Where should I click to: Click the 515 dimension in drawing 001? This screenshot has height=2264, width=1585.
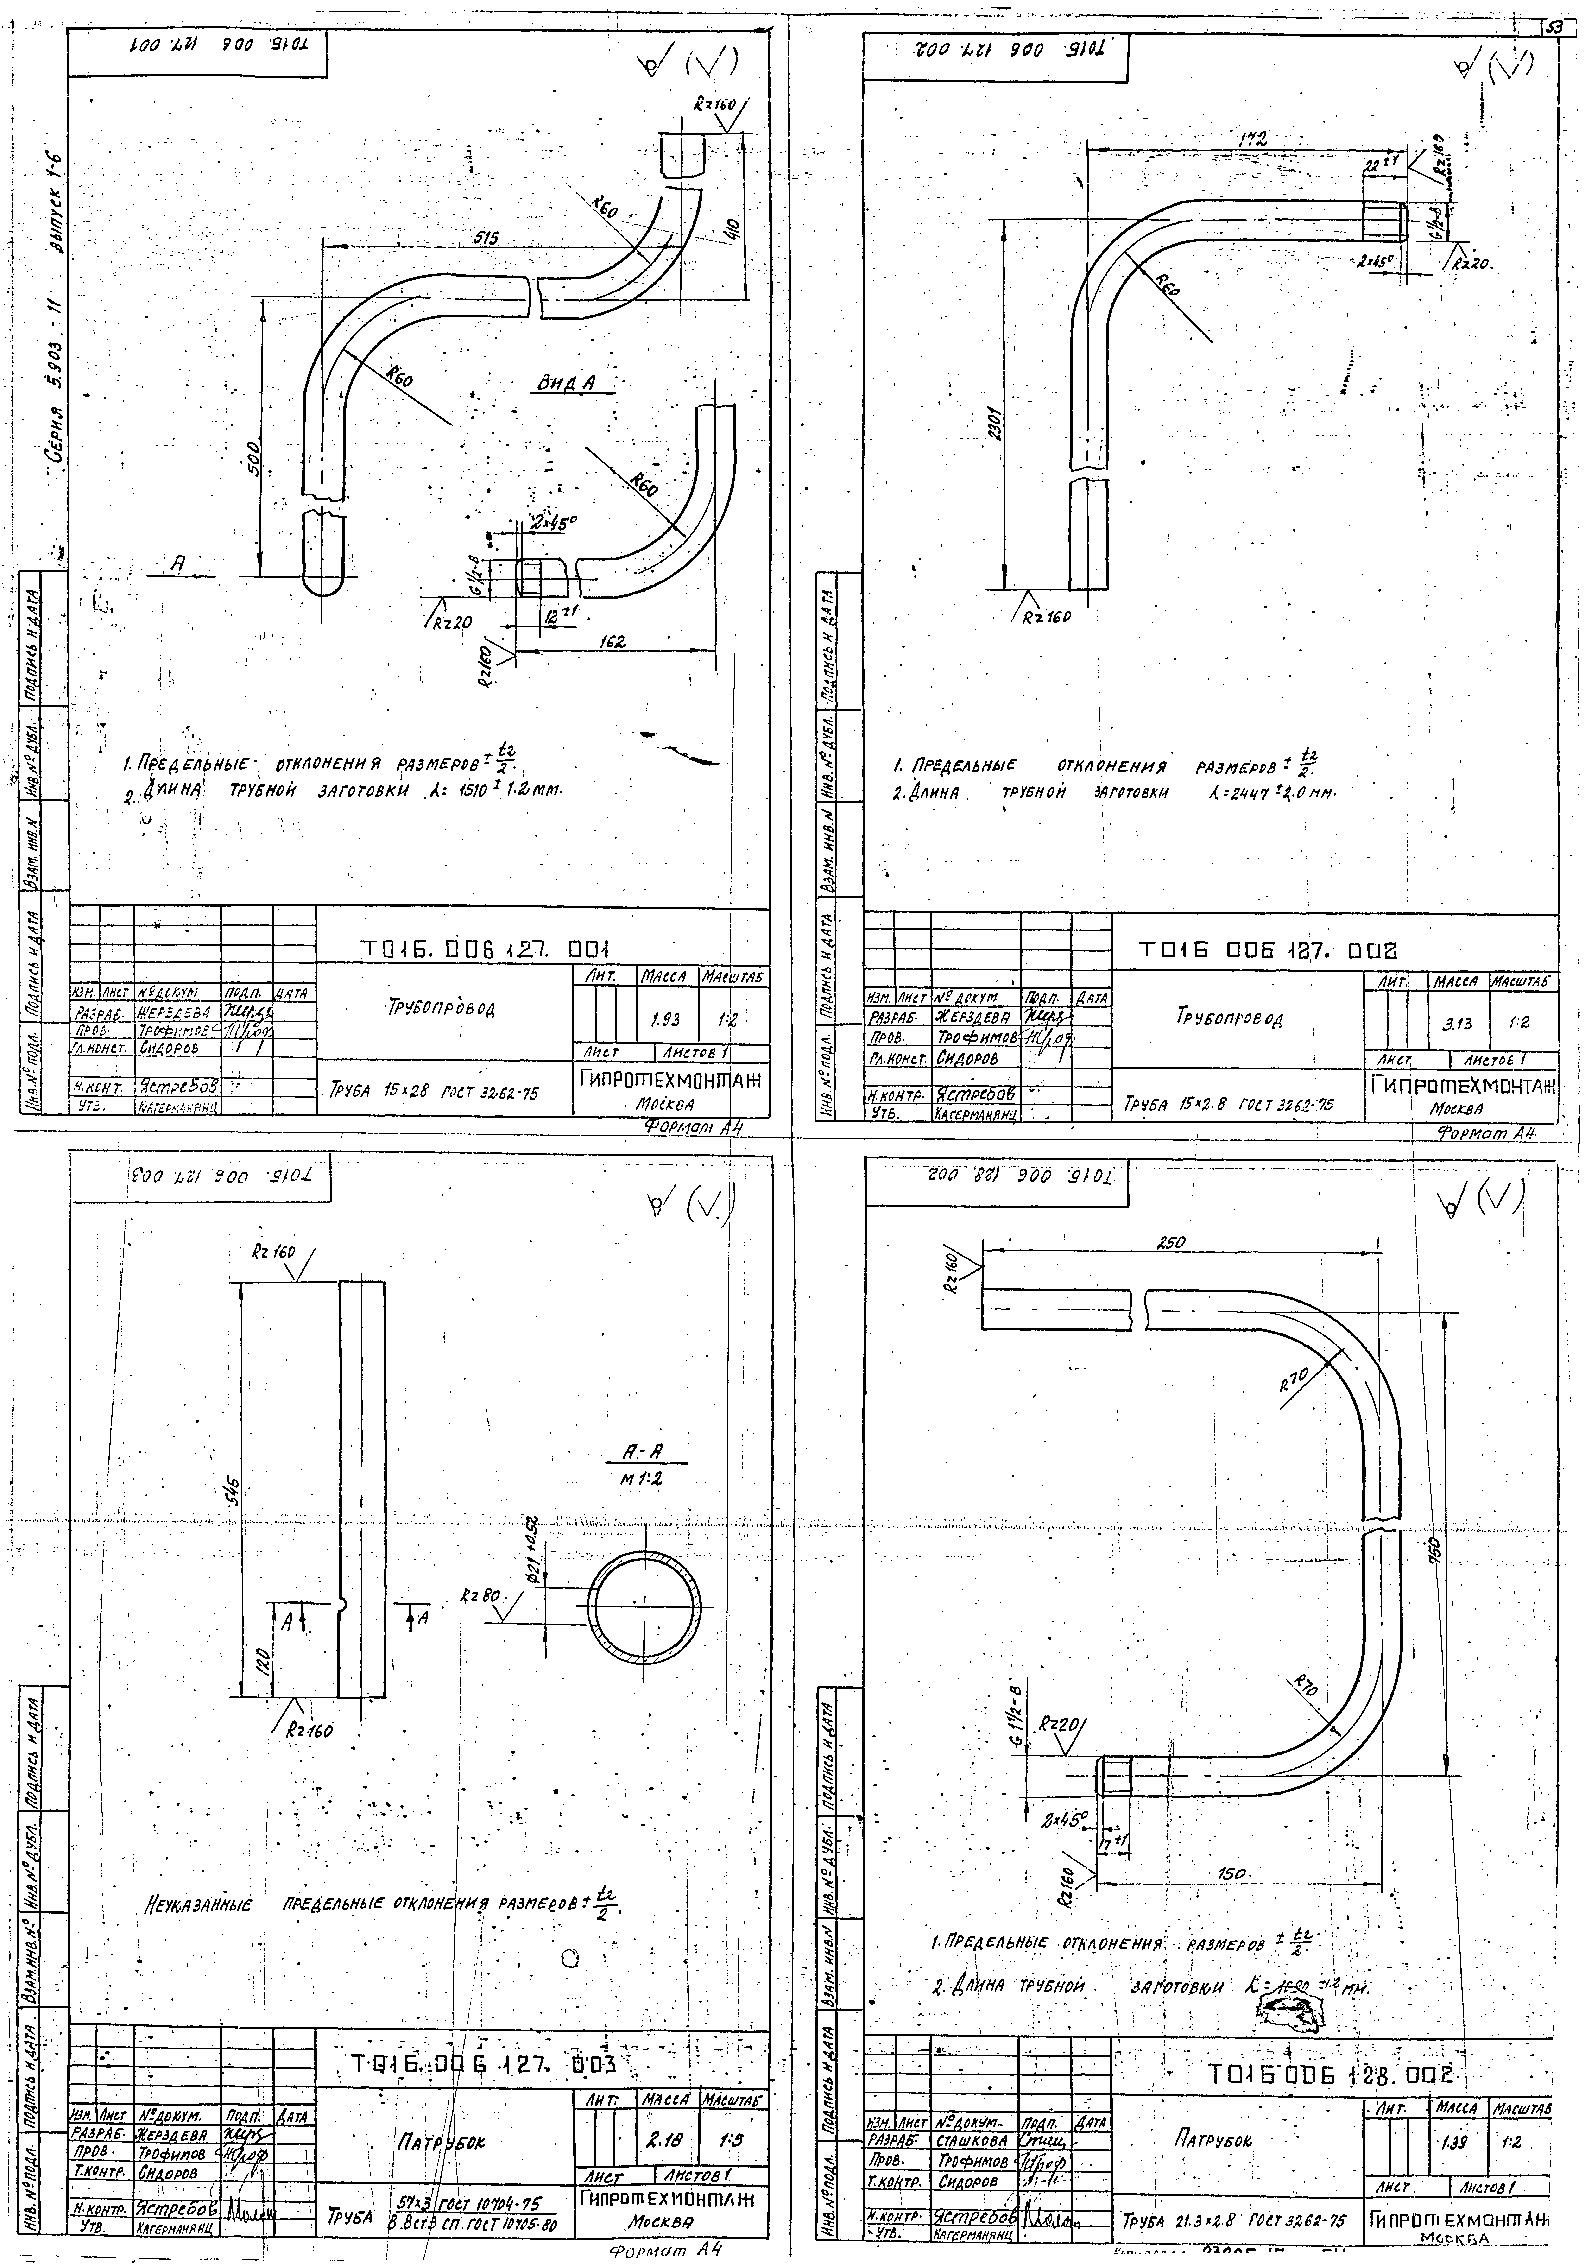pos(483,239)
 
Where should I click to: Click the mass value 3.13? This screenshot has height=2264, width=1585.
pos(1453,1025)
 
